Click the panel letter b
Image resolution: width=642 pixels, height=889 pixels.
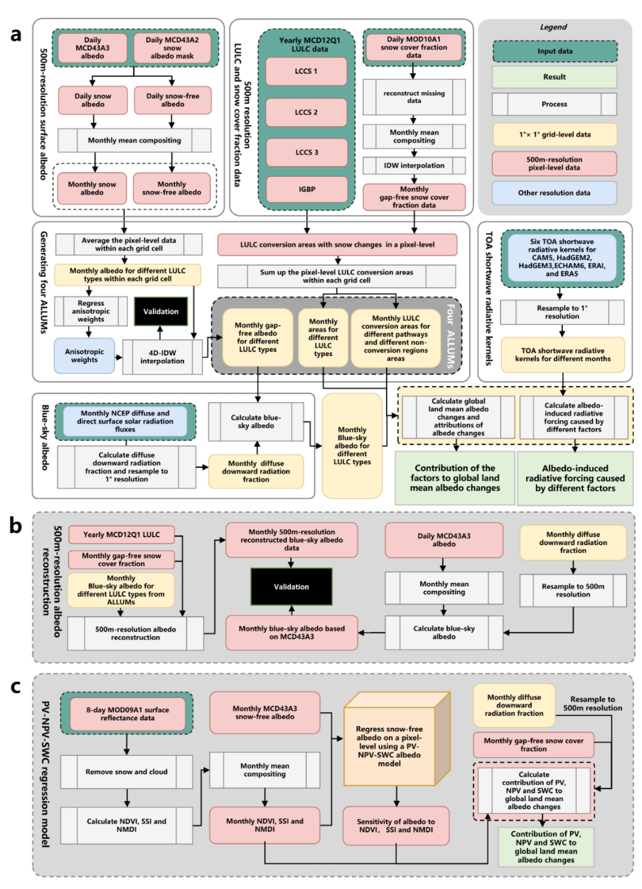pyautogui.click(x=16, y=526)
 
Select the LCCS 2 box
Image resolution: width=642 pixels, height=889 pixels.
pyautogui.click(x=307, y=112)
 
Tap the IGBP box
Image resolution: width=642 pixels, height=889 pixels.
pyautogui.click(x=307, y=190)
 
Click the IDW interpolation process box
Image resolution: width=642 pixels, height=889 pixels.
pyautogui.click(x=414, y=165)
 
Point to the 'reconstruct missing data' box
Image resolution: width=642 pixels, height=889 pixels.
pyautogui.click(x=414, y=97)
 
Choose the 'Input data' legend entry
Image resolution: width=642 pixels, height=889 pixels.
pyautogui.click(x=555, y=51)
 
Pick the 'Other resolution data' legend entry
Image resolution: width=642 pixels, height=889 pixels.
pyautogui.click(x=554, y=193)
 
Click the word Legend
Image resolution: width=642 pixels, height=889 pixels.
pyautogui.click(x=553, y=27)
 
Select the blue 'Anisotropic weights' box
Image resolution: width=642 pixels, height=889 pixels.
pyautogui.click(x=84, y=355)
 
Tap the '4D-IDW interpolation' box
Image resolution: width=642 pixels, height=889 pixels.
pyautogui.click(x=162, y=357)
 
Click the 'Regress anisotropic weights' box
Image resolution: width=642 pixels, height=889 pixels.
pyautogui.click(x=91, y=311)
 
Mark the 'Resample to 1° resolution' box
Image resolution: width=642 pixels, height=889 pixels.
pyautogui.click(x=562, y=312)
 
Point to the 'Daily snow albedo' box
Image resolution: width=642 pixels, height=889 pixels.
pyautogui.click(x=93, y=100)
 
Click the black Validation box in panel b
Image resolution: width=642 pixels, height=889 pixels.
pyautogui.click(x=291, y=587)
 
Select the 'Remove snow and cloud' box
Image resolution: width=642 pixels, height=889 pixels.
pyautogui.click(x=126, y=772)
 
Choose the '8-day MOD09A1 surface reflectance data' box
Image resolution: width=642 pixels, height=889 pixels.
pyautogui.click(x=127, y=714)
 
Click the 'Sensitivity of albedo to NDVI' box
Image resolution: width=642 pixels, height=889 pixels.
pyautogui.click(x=396, y=826)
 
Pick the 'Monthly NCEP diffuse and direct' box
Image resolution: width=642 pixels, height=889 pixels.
pyautogui.click(x=125, y=421)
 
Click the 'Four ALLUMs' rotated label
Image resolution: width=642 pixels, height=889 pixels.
pyautogui.click(x=451, y=336)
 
